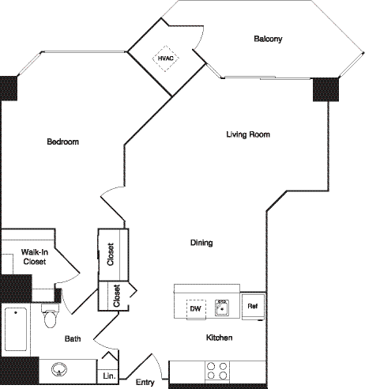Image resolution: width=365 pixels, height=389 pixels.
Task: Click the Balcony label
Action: coord(269,39)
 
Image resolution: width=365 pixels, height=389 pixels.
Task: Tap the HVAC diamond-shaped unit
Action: coord(166,57)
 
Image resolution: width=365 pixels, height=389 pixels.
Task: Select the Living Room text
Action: coord(248,134)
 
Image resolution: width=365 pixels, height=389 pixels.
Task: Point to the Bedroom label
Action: coord(62,142)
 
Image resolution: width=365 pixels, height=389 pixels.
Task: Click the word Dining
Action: coord(201,243)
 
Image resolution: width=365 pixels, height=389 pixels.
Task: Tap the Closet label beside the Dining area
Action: coord(110,255)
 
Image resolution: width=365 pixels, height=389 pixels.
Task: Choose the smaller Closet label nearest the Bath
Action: coord(116,296)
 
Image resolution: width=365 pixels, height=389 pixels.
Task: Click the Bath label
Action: coord(73,338)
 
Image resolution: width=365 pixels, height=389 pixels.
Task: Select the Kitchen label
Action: coord(219,338)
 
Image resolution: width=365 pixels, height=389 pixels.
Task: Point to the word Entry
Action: coord(145,382)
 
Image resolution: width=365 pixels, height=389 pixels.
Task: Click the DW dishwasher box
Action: coord(194,308)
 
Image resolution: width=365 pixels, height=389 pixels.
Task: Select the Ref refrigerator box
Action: coord(252,306)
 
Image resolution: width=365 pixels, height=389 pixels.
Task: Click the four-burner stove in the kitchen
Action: coord(217,371)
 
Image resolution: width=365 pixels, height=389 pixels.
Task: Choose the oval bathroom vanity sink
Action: coord(60,368)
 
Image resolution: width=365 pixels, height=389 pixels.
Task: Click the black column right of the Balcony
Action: coord(324,89)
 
